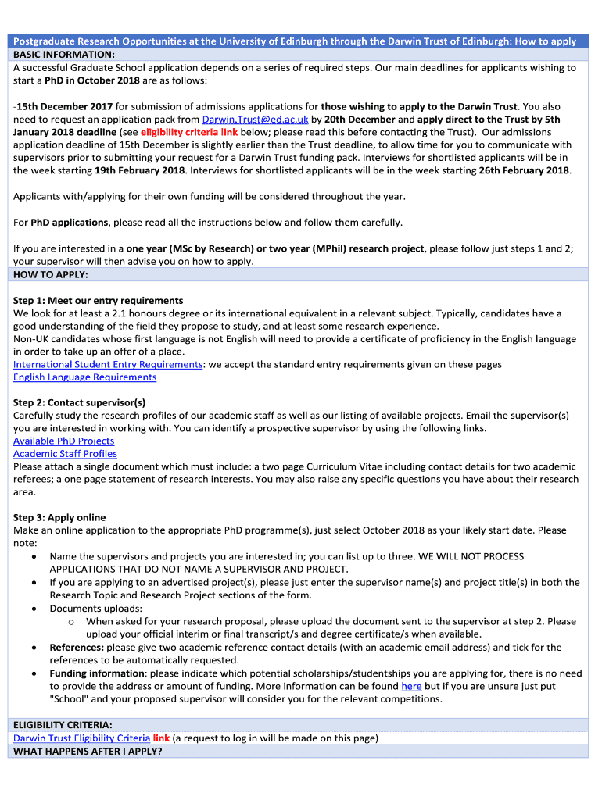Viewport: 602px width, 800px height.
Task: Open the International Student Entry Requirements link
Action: (x=108, y=364)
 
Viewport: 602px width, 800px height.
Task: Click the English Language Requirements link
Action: (x=84, y=377)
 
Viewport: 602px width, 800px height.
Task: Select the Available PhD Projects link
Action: (x=63, y=441)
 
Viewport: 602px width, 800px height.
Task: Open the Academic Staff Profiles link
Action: (x=65, y=454)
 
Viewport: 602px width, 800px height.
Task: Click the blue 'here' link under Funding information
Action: (x=411, y=686)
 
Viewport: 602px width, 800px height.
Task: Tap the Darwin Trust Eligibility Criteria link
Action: (x=81, y=737)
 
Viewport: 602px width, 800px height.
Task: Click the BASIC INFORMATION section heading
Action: (x=64, y=55)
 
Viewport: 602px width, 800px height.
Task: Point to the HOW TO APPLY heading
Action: (x=51, y=275)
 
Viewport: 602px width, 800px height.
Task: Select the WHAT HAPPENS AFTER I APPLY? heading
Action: (x=88, y=751)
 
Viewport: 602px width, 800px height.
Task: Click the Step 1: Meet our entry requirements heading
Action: (x=98, y=301)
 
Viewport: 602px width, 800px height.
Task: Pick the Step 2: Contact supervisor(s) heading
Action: (x=79, y=402)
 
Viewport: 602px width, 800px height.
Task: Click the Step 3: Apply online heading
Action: (x=59, y=517)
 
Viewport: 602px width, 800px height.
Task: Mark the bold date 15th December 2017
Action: (x=64, y=106)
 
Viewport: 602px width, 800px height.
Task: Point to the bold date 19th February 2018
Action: (x=139, y=170)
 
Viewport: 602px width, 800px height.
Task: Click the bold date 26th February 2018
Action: (x=524, y=170)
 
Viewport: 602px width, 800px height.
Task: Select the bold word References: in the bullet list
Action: (x=77, y=647)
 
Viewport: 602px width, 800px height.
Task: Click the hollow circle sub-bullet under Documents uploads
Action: (x=70, y=622)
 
